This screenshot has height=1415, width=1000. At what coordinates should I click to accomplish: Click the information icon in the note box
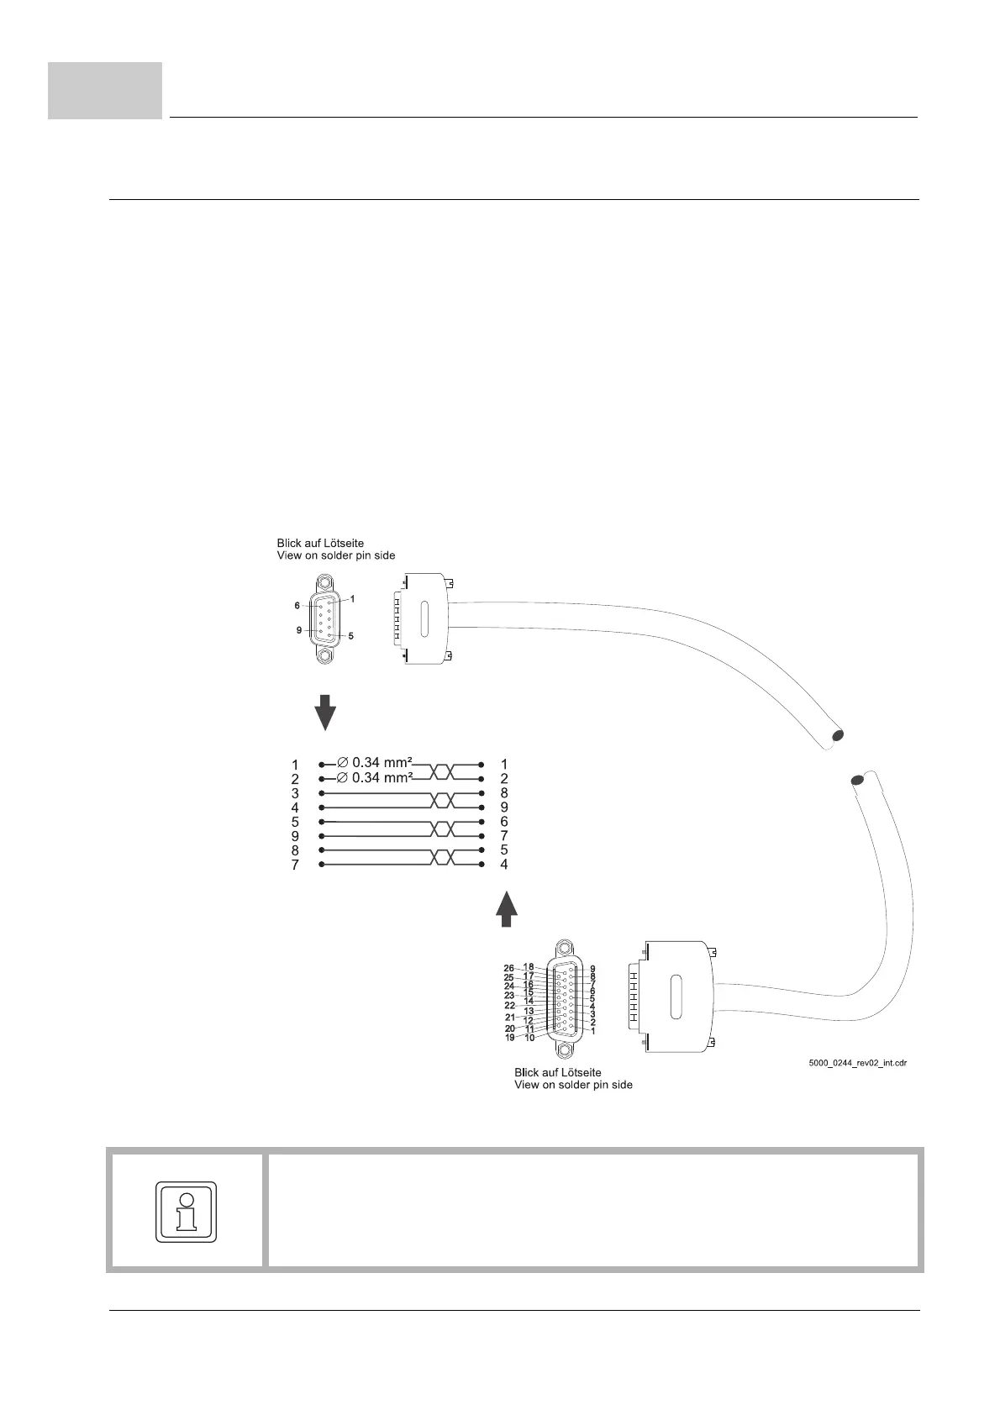tap(187, 1211)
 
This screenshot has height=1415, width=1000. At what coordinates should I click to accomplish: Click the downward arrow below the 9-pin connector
tap(325, 712)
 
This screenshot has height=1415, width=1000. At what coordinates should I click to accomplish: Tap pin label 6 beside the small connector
tap(297, 605)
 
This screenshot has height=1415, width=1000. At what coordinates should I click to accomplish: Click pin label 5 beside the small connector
tap(350, 636)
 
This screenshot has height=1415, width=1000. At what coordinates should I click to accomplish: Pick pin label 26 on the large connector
tap(509, 968)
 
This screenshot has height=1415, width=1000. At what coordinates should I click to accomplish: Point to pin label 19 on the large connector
tap(509, 1038)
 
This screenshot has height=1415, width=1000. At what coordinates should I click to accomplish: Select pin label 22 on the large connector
tap(509, 1005)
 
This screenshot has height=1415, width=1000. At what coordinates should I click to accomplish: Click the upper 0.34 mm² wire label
tap(375, 763)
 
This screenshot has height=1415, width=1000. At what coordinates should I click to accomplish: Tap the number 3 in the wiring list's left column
tap(295, 793)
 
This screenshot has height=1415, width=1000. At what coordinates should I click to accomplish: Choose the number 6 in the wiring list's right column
tap(504, 822)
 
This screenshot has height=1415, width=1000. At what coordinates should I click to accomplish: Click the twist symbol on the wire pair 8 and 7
tap(443, 858)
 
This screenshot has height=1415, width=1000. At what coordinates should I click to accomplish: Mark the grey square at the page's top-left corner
tap(105, 90)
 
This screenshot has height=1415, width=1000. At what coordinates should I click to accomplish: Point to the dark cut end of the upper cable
tap(836, 738)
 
